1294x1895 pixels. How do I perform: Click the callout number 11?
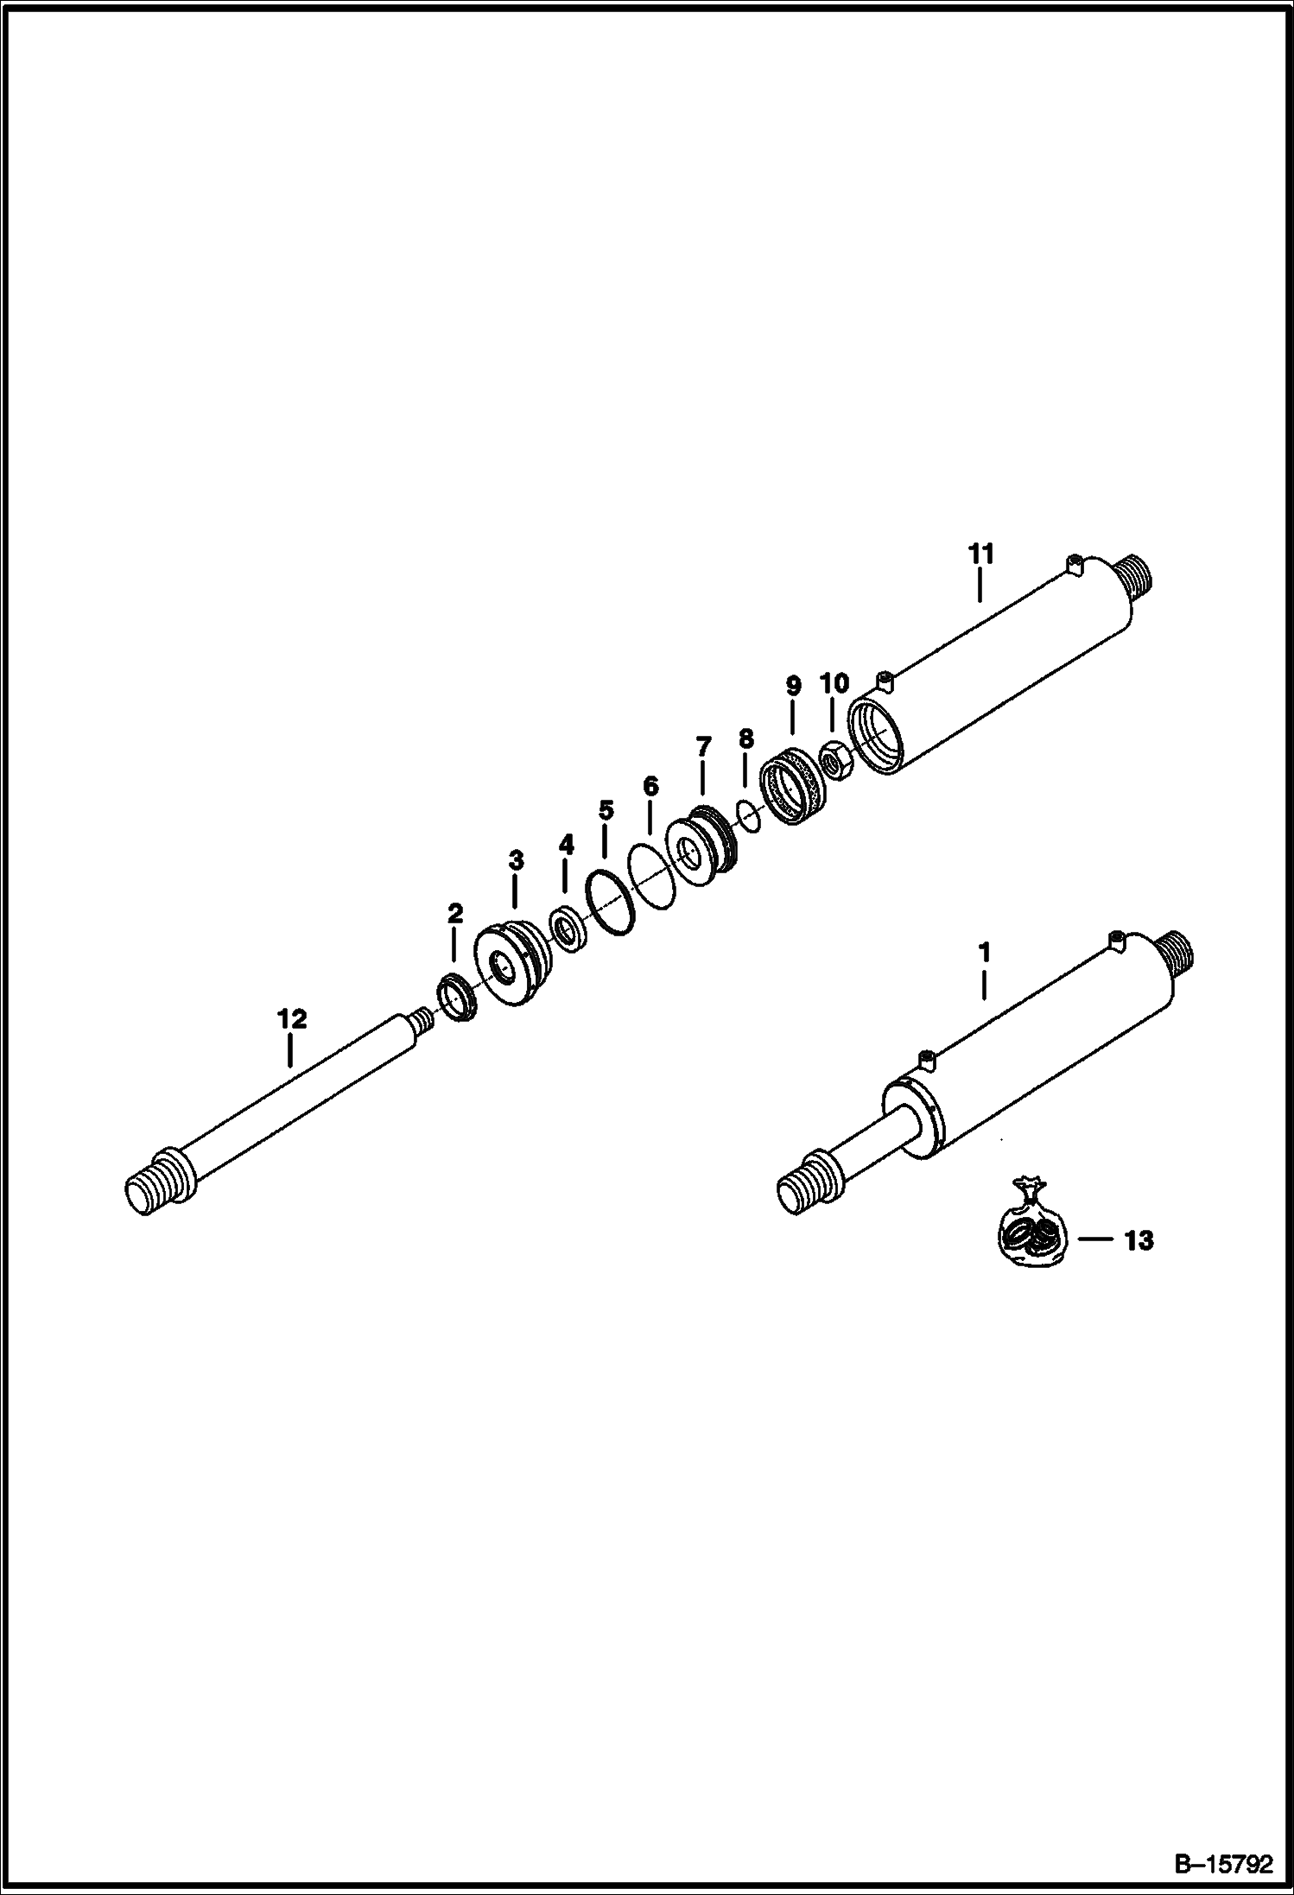coord(980,554)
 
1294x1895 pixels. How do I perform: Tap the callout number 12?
coord(292,1019)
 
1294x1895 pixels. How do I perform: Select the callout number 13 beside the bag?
coord(1139,1241)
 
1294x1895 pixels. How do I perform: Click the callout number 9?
coord(792,687)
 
